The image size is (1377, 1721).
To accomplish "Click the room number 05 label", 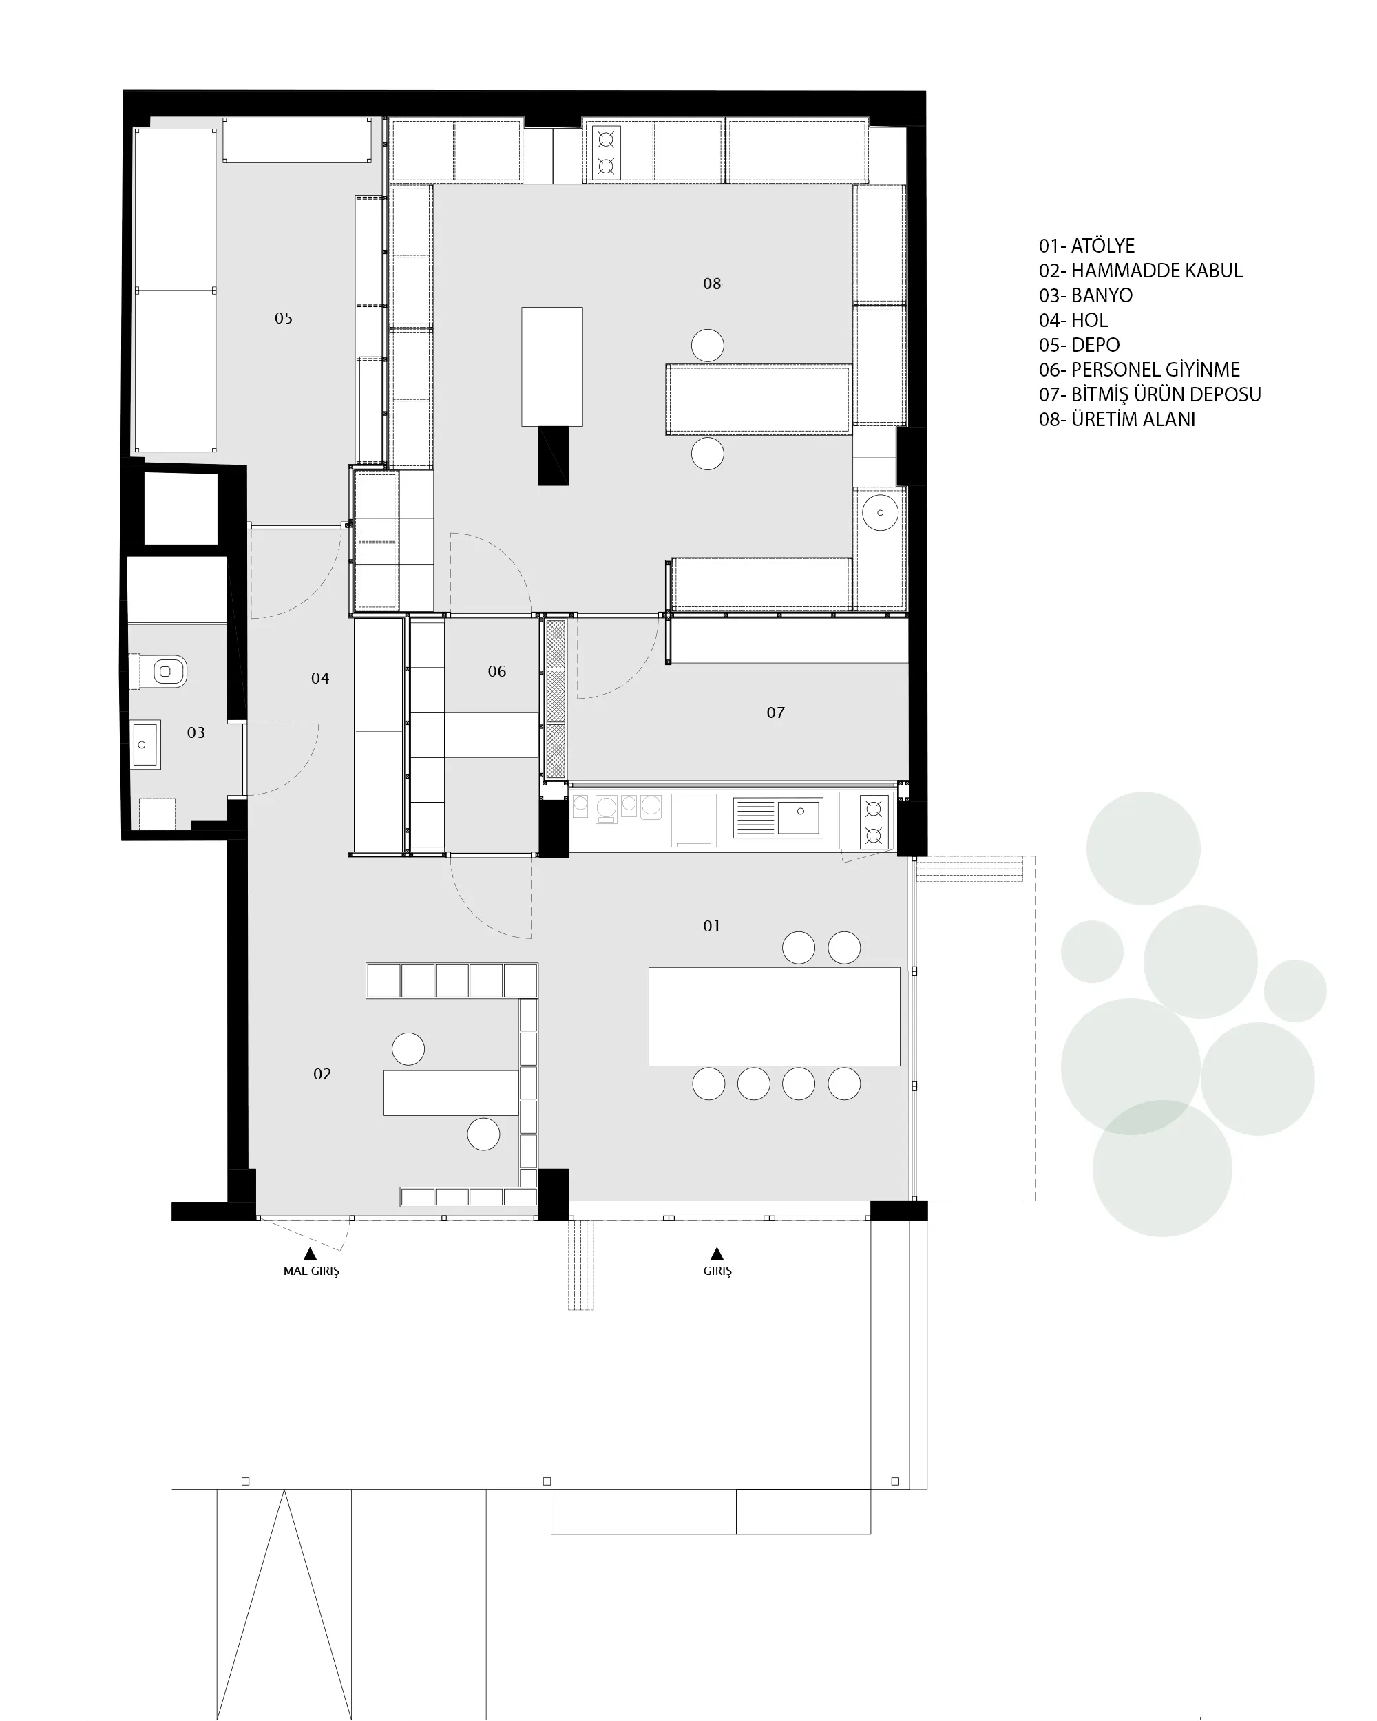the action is point(284,318).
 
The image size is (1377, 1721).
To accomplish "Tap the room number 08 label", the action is point(711,284).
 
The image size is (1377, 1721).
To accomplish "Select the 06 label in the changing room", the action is point(496,671).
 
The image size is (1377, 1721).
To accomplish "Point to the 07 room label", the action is point(775,712).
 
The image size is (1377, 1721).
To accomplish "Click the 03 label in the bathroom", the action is point(196,732).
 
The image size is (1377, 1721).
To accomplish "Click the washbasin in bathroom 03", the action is point(145,744).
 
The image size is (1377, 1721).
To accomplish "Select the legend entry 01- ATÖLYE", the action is point(1086,246).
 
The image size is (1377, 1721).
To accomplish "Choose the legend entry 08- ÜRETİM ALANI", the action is point(1117,419).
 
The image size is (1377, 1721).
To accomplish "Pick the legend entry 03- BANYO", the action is point(1086,295).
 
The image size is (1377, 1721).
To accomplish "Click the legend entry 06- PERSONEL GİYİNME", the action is point(1139,370).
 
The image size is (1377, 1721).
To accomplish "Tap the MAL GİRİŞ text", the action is point(311,1271).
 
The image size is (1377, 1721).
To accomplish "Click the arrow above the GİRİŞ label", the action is point(717,1254).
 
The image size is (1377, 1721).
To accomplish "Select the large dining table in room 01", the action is point(773,1016).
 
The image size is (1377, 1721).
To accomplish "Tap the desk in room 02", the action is point(451,1092).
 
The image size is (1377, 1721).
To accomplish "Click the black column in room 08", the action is point(553,456).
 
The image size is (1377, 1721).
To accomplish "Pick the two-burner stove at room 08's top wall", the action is point(606,152).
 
